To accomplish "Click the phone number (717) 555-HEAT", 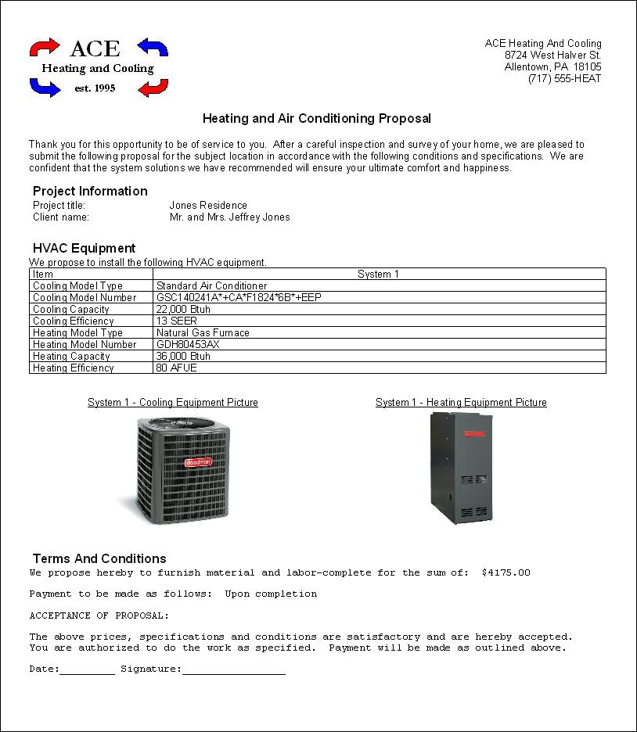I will pyautogui.click(x=564, y=79).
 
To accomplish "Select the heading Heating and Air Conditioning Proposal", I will pyautogui.click(x=317, y=119).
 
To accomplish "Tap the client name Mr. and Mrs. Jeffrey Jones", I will pyautogui.click(x=229, y=217).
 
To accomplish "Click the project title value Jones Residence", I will pyautogui.click(x=208, y=206).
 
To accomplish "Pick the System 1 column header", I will pyautogui.click(x=379, y=274).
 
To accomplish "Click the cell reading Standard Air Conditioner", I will pyautogui.click(x=211, y=286).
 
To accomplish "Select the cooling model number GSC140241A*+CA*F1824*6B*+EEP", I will pyautogui.click(x=239, y=298).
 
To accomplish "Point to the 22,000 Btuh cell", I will pyautogui.click(x=183, y=310).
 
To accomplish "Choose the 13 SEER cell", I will pyautogui.click(x=177, y=321).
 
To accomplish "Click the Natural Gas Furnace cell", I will pyautogui.click(x=203, y=333).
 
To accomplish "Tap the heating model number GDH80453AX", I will pyautogui.click(x=188, y=345).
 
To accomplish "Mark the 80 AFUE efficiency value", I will pyautogui.click(x=177, y=368).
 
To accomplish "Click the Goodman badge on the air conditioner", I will pyautogui.click(x=197, y=462).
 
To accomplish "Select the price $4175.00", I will pyautogui.click(x=506, y=572).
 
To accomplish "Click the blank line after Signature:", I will pyautogui.click(x=233, y=670).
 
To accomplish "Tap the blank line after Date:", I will pyautogui.click(x=87, y=670).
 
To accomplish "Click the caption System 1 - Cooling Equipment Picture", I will pyautogui.click(x=173, y=403).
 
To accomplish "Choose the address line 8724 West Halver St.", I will pyautogui.click(x=552, y=56).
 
